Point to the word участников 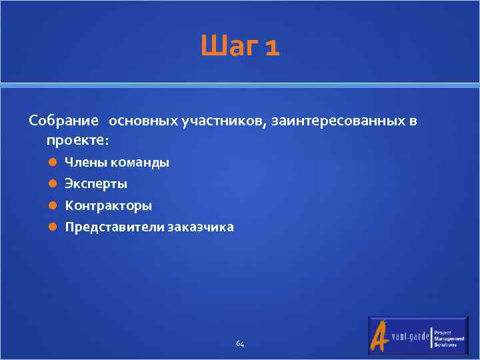pyautogui.click(x=224, y=121)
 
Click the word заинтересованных pyautogui.click(x=339, y=121)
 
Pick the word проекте pyautogui.click(x=77, y=141)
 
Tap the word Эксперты pyautogui.click(x=96, y=184)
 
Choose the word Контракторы pyautogui.click(x=108, y=205)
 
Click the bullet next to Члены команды pyautogui.click(x=52, y=163)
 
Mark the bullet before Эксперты pyautogui.click(x=52, y=184)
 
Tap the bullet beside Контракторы pyautogui.click(x=52, y=205)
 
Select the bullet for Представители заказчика pyautogui.click(x=52, y=227)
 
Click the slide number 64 pyautogui.click(x=240, y=344)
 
